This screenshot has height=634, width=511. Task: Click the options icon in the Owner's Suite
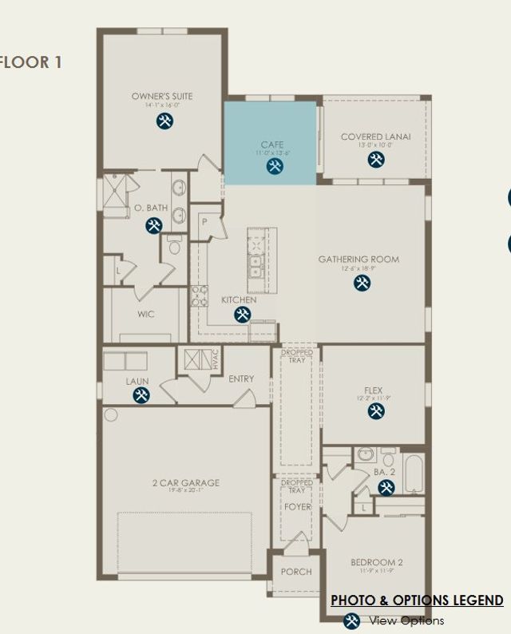coord(164,121)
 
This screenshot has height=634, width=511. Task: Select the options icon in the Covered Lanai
coord(376,160)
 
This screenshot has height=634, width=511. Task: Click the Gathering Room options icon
coord(362,283)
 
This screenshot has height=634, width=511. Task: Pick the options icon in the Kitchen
coord(242,315)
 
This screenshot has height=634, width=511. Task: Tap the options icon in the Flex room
coord(376,411)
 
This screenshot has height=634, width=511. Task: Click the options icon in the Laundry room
coord(141,396)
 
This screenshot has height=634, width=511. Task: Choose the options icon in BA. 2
coord(386,487)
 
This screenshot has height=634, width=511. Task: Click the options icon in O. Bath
coord(154,225)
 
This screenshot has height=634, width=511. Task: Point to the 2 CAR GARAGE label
coord(185,482)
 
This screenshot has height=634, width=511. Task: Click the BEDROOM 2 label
coord(377,562)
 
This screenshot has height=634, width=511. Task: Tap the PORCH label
coord(295,572)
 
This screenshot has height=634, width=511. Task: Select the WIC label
coord(145,314)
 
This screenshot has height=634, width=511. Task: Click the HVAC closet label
coord(215,359)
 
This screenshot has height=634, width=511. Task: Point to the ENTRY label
coord(241,378)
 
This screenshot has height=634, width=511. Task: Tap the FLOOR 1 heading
coord(31,61)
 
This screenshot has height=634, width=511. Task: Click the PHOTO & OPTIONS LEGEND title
coord(417,600)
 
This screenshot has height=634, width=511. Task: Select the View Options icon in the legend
coord(351,620)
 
